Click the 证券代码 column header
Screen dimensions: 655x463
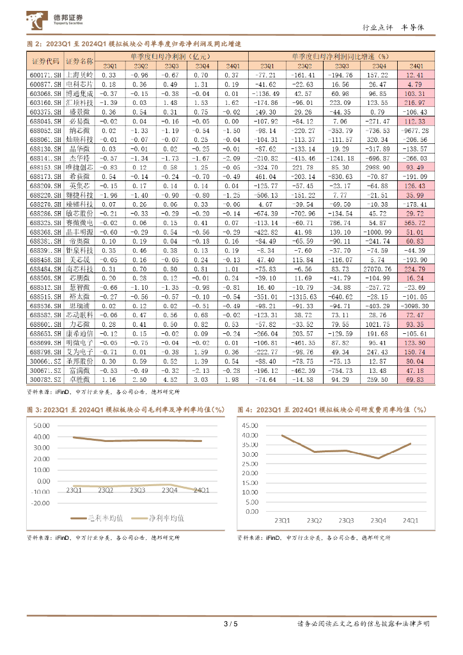(x=45, y=61)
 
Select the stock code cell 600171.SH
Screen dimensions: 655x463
(x=45, y=75)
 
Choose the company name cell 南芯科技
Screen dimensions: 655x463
(x=79, y=270)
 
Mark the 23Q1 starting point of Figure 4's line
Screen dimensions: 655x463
(x=282, y=436)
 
